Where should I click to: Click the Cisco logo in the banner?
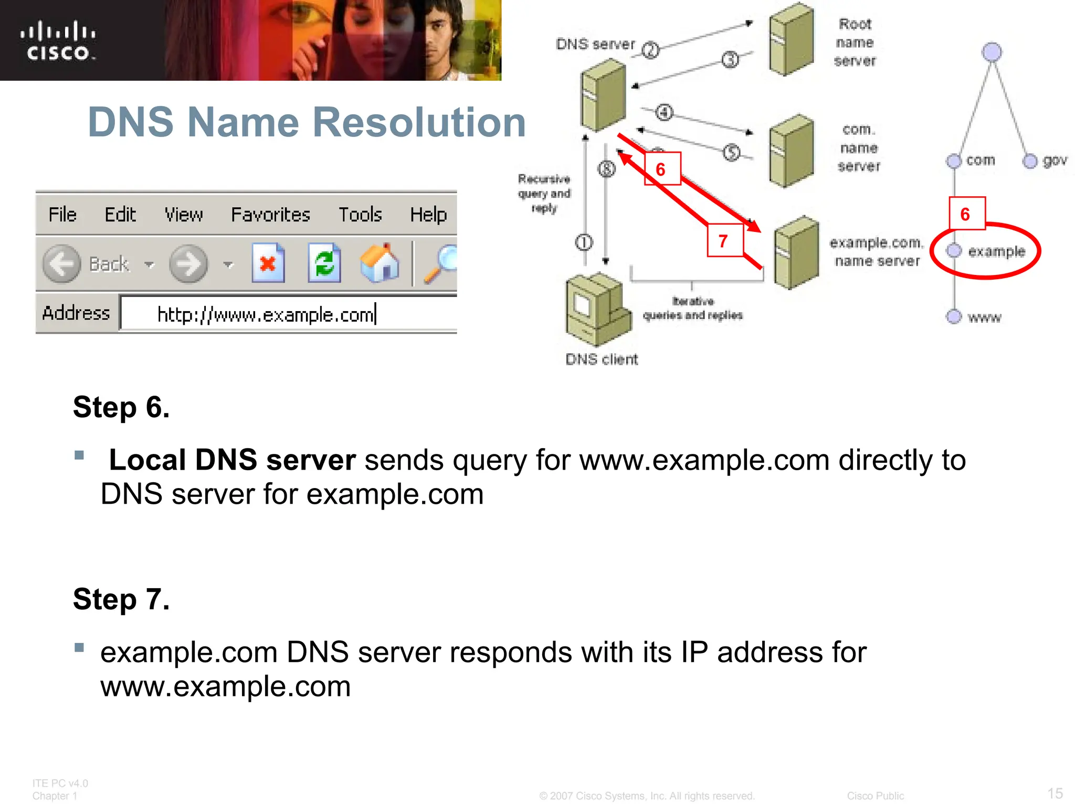coord(58,41)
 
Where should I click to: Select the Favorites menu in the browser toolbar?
coord(270,215)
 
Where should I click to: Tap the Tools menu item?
coord(360,215)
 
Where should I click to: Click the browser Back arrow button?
coord(62,264)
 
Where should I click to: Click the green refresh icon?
coord(324,263)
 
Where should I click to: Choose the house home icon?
coord(380,263)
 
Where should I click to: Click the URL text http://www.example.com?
coord(266,315)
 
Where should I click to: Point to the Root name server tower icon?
coord(791,39)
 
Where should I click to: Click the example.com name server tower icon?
coord(796,253)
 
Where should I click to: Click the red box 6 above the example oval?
coord(966,214)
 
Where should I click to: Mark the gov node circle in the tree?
coord(1030,161)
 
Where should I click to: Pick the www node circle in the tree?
coord(954,316)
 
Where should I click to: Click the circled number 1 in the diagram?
coord(584,242)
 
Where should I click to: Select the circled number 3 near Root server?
coord(730,60)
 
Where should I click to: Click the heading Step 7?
coord(121,599)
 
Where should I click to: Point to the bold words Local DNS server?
coord(232,460)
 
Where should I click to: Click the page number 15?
coord(1055,793)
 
